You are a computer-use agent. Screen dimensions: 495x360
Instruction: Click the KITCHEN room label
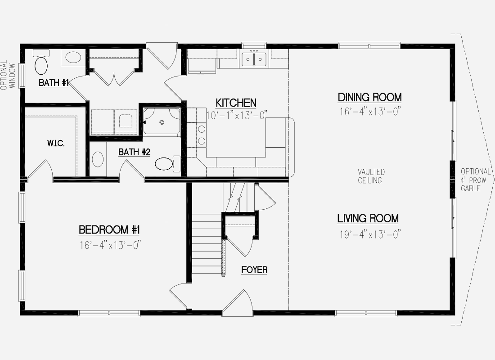coord(236,103)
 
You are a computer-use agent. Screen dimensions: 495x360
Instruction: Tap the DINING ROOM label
coord(369,97)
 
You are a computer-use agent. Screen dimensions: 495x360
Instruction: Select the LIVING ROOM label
coord(368,218)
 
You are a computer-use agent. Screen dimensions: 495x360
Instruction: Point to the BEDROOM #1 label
coord(109,229)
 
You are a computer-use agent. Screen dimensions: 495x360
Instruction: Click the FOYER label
coord(254,270)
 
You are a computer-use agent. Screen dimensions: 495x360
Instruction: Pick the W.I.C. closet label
coord(56,144)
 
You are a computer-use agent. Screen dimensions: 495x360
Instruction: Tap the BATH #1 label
coord(54,83)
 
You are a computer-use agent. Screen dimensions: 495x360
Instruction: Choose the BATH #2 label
coord(134,152)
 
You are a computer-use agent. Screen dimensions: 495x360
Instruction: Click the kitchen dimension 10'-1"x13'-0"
coord(237,115)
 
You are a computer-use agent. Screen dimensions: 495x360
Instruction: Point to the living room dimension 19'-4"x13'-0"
coord(370,234)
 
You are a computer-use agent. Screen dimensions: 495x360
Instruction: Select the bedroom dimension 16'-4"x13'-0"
coord(109,245)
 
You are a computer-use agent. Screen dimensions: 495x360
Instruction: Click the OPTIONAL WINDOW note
coord(8,75)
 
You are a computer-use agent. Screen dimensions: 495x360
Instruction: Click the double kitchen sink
coord(254,59)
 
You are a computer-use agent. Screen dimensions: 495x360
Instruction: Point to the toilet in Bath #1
coord(41,62)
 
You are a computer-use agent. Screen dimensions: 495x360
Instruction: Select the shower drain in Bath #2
coord(162,122)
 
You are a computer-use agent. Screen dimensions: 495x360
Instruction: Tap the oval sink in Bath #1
coord(73,58)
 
